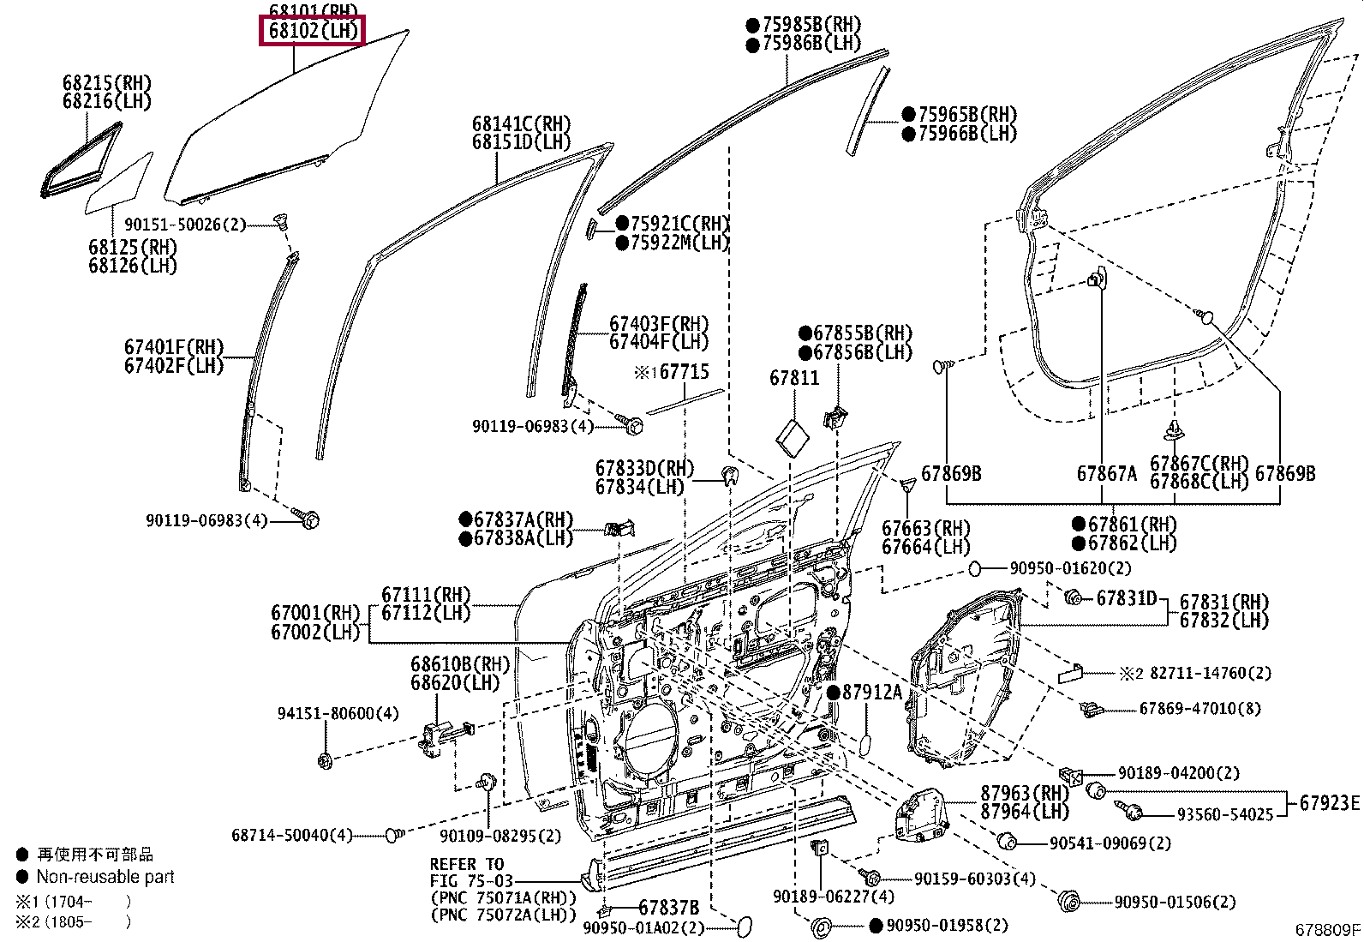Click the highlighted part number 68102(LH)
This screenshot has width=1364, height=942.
point(313,31)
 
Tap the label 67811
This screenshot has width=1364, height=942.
point(793,378)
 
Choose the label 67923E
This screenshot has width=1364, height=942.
point(1329,803)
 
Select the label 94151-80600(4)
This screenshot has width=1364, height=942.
point(338,713)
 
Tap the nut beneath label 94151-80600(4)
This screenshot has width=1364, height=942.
point(325,759)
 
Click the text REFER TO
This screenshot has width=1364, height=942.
point(467,864)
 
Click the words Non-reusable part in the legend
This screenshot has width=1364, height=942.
point(105,877)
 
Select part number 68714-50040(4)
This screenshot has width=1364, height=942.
point(291,835)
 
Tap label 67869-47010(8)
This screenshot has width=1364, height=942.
point(1199,709)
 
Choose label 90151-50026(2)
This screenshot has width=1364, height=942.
point(185,225)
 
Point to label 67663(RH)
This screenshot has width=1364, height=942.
point(925,528)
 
